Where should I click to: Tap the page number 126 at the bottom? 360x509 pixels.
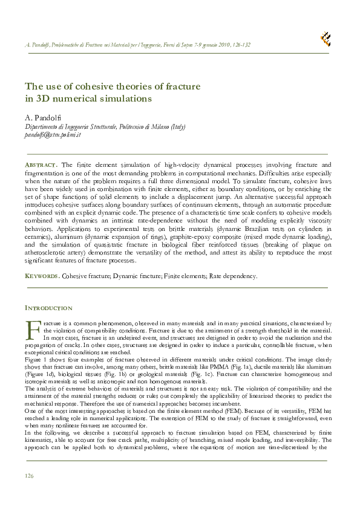(28, 477)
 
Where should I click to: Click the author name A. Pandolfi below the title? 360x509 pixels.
(41, 118)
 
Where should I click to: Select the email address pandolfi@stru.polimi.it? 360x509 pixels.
(53, 135)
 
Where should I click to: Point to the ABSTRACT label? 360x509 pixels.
(41, 165)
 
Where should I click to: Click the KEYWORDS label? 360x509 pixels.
(41, 276)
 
